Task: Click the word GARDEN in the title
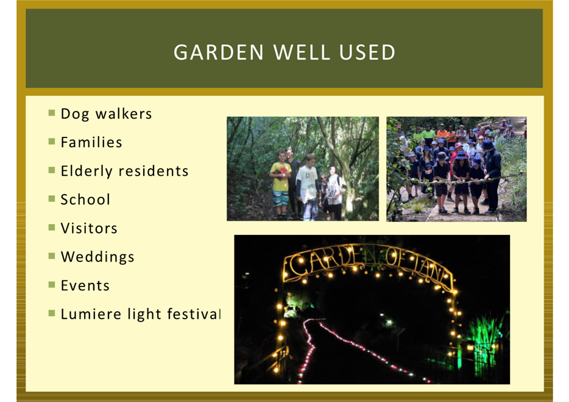point(219,52)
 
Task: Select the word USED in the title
point(367,52)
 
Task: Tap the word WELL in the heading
point(302,52)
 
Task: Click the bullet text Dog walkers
point(106,114)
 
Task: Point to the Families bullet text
point(91,142)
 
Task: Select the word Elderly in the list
point(87,172)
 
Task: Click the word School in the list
point(85,199)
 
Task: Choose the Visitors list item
point(89,228)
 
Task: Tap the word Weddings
point(97,257)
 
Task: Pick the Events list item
point(85,285)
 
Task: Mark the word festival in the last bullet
point(194,314)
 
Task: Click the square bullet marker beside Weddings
point(52,256)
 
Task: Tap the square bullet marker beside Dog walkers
point(52,113)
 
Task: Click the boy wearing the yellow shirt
point(280,184)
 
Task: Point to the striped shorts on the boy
point(281,198)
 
